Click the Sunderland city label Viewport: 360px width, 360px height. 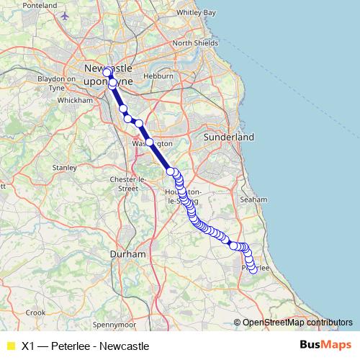point(229,136)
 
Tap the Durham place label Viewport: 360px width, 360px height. point(127,254)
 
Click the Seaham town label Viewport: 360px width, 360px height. point(254,199)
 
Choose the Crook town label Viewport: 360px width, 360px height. point(35,312)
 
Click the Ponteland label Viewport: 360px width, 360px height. point(40,5)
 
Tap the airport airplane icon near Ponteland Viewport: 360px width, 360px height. point(66,15)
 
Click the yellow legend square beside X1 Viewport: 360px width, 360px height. point(10,346)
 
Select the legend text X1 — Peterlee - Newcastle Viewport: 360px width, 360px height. point(85,346)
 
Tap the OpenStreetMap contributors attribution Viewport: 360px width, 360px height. point(297,323)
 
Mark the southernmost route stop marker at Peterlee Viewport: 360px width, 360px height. point(253,270)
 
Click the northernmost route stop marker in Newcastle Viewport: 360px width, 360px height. point(107,72)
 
